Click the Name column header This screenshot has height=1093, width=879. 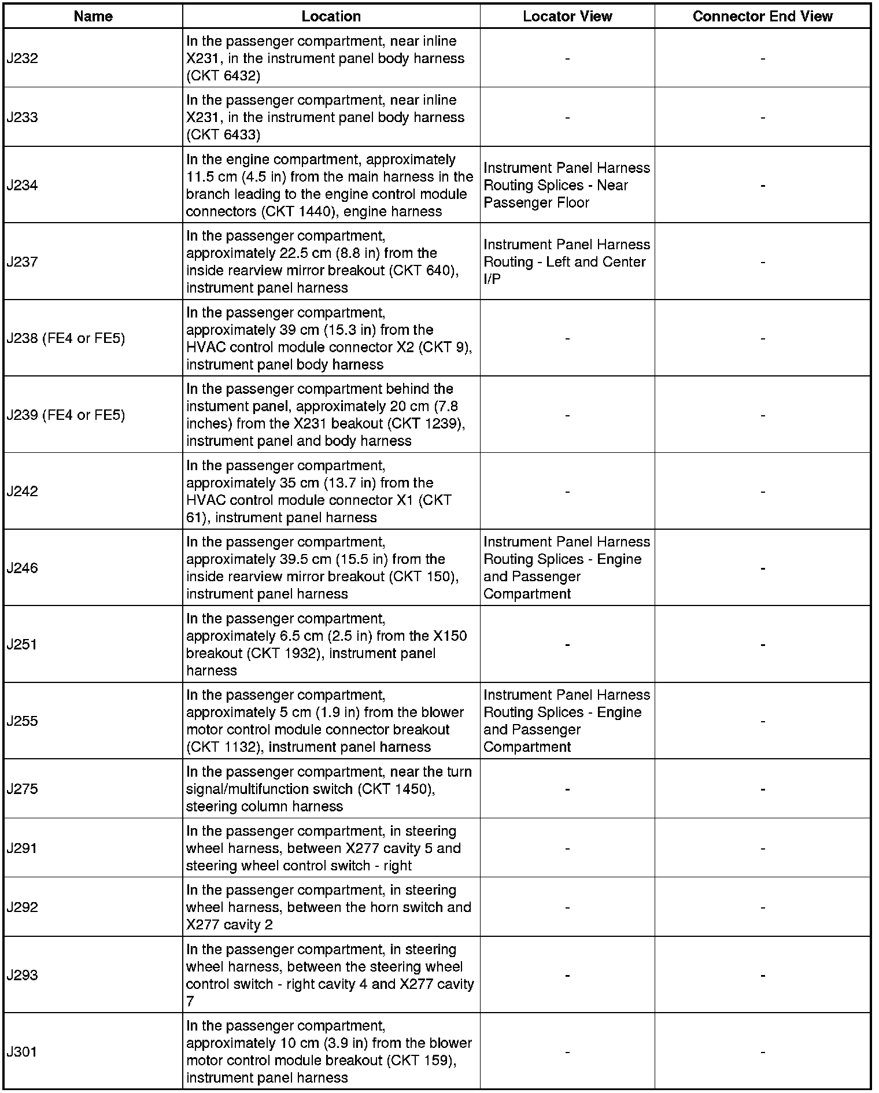coord(93,16)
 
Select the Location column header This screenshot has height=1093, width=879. coord(331,16)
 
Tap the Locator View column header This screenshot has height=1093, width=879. coord(567,16)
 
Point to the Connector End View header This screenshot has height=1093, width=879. coord(762,16)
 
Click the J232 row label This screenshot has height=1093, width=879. coord(23,58)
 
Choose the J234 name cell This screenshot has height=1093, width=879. coord(23,185)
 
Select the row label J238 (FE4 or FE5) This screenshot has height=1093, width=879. coord(66,338)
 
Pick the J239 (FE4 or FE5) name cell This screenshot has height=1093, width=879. coord(66,415)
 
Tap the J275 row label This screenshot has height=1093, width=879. coord(23,789)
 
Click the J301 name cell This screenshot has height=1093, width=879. coord(23,1051)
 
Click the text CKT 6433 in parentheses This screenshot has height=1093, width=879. coord(223,135)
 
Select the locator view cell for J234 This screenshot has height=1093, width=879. coord(567,185)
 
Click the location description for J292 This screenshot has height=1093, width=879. coord(328,907)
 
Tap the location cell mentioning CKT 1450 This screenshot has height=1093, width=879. coord(328,789)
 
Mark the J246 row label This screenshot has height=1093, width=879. coord(23,568)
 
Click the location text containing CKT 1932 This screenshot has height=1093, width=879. coord(327,644)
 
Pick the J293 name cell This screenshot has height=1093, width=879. coord(23,975)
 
